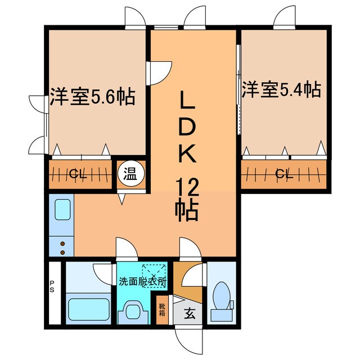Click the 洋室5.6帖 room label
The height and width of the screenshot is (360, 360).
click(92, 97)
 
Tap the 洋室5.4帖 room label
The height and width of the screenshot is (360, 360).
click(281, 89)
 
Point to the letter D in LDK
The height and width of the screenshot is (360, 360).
click(188, 129)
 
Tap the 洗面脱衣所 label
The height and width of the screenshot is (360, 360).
click(142, 280)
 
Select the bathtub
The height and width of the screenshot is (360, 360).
click(88, 310)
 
